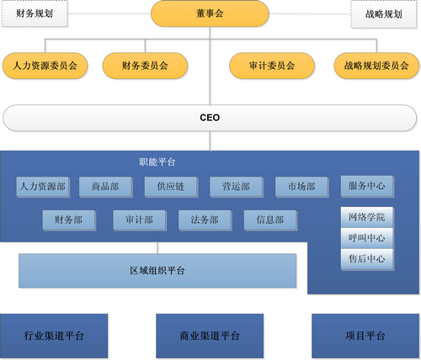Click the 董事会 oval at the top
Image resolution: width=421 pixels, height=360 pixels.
coord(210,13)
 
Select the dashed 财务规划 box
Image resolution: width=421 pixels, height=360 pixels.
coord(35,13)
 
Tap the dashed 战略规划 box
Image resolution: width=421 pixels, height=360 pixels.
coord(384,14)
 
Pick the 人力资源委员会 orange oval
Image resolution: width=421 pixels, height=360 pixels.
coord(45,66)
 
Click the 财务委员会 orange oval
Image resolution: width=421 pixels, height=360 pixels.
coord(145,66)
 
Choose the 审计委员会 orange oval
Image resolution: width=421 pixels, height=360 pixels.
coord(272,66)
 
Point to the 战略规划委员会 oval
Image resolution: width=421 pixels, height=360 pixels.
coord(376,66)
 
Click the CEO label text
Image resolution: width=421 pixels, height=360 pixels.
coord(210,118)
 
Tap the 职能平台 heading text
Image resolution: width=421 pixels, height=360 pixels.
coord(157,161)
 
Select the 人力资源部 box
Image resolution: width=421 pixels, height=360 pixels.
coord(43,187)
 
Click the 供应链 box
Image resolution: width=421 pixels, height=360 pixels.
coord(171,187)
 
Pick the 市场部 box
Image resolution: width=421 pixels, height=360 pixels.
coord(301,187)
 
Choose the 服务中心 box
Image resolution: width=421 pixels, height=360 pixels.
coord(367,186)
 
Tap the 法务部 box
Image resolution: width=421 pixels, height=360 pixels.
coord(205,220)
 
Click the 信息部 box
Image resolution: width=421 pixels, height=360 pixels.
coord(270,220)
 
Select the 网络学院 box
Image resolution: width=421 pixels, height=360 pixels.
coord(367,217)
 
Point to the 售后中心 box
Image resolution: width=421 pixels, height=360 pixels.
coord(367,259)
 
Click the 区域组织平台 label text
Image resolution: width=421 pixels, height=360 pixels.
coord(157,271)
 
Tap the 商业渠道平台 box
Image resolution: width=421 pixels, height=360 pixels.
coord(210,336)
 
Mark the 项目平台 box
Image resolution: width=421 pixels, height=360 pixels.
coord(365,336)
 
